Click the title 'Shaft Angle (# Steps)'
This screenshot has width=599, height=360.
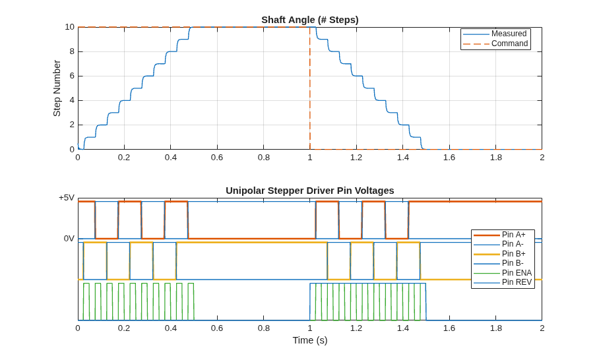[x=310, y=20]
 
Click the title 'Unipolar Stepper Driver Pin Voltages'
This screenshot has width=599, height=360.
[x=310, y=191]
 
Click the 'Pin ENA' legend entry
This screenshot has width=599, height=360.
[x=502, y=272]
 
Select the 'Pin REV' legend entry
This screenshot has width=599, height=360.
[x=502, y=282]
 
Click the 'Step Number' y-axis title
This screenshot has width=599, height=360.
[x=57, y=88]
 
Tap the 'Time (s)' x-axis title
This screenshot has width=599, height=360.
[x=310, y=340]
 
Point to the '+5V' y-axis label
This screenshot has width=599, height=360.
[x=67, y=198]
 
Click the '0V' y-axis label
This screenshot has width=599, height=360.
[x=69, y=239]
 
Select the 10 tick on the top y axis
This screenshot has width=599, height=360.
[x=69, y=27]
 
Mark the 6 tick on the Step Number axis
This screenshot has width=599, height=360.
[x=72, y=76]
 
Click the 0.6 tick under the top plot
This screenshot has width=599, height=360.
[x=217, y=158]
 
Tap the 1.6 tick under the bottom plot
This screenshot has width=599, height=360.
[x=449, y=328]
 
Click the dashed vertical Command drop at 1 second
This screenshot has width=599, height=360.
[x=310, y=88]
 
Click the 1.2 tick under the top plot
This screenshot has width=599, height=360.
[x=356, y=158]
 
